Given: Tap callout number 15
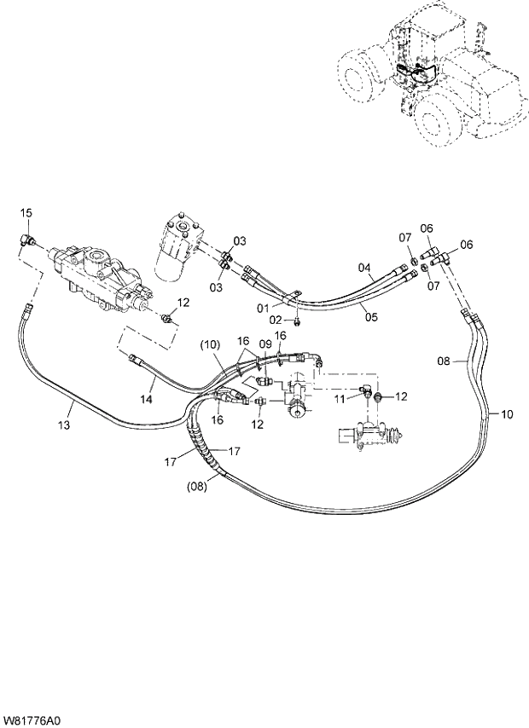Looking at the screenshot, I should [26, 212].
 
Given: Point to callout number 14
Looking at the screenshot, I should [147, 399].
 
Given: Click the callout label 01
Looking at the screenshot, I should [264, 306].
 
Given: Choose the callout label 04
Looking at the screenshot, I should [364, 269].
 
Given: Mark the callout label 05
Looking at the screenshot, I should [370, 317].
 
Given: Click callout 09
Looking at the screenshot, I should [264, 344].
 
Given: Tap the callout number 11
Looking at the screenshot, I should [339, 399].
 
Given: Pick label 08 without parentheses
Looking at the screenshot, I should [444, 361].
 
